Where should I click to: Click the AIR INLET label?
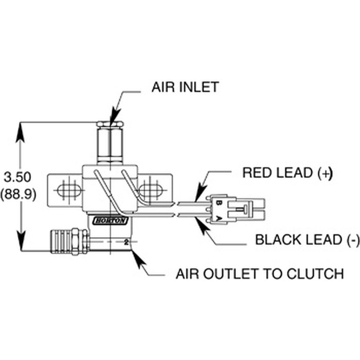(185, 87)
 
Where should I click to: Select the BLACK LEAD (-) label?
(307, 240)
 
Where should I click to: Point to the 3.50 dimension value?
(17, 177)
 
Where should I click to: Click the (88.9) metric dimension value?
(18, 194)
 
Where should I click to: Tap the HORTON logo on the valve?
(111, 221)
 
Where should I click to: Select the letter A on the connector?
(218, 218)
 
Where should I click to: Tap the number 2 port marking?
(127, 243)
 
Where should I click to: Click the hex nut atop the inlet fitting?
(110, 124)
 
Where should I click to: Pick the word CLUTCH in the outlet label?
(315, 274)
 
